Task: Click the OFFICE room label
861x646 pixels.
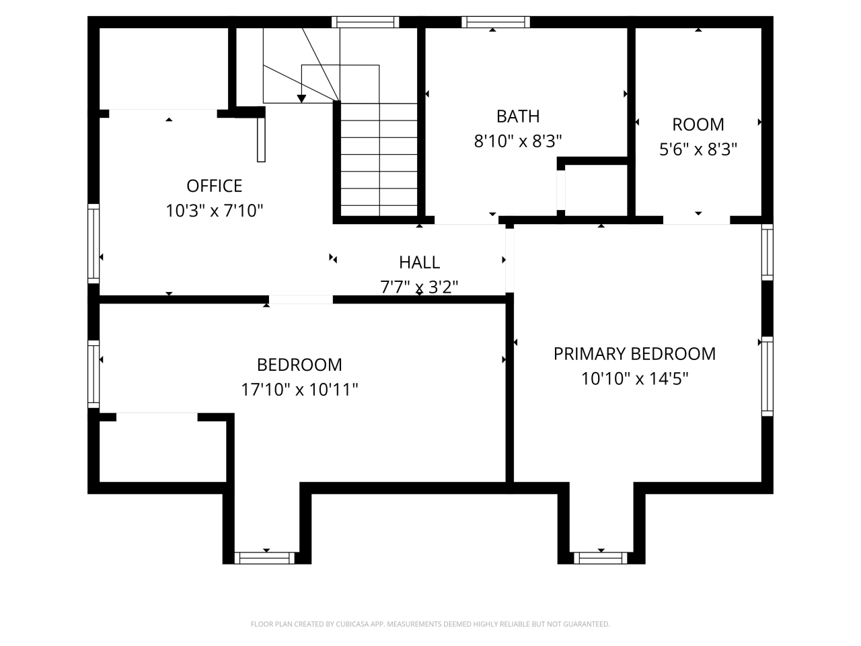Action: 214,186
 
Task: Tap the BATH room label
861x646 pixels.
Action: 517,116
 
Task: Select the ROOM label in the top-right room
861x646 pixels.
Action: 698,124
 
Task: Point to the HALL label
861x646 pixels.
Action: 419,262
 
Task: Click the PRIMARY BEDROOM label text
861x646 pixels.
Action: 634,354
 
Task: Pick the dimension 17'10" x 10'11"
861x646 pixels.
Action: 299,390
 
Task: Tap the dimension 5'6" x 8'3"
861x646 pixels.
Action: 698,149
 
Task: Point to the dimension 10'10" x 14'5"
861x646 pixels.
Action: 634,379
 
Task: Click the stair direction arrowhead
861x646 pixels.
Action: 301,98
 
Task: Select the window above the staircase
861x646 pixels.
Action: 365,22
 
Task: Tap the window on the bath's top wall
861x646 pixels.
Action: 496,22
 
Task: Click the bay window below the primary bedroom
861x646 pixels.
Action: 600,558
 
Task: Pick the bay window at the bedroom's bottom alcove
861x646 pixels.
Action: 264,558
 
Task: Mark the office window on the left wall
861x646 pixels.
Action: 93,242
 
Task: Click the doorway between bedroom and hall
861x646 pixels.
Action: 301,299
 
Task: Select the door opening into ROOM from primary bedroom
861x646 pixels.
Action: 696,219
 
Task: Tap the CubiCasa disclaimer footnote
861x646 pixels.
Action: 430,624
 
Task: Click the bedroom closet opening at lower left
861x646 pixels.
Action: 157,417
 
